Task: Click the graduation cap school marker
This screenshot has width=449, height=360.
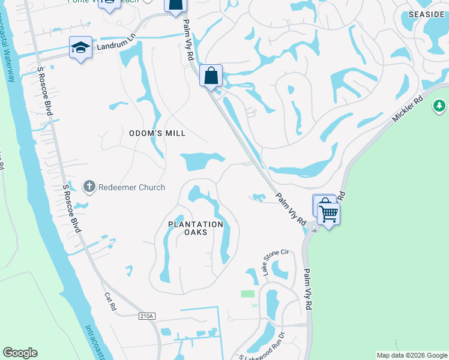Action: (x=80, y=48)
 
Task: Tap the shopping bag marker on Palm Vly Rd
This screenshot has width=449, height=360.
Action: (x=211, y=76)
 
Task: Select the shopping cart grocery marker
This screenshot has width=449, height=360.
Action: (x=328, y=213)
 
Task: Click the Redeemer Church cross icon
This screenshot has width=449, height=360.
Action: (x=89, y=187)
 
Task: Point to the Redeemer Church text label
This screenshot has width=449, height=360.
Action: (x=131, y=187)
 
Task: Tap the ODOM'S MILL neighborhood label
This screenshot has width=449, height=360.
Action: (x=158, y=133)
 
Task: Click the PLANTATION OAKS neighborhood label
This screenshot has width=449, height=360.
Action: (x=196, y=228)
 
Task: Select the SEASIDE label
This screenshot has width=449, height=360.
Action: (x=428, y=14)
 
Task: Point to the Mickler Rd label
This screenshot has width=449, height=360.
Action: (x=408, y=107)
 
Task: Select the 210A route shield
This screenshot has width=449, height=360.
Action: (x=146, y=317)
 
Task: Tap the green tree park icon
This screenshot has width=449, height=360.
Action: (x=439, y=106)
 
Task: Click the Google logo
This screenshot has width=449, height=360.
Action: (x=20, y=353)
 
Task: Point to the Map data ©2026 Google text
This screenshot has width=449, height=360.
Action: (x=411, y=355)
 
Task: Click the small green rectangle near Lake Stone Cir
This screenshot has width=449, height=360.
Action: (x=247, y=293)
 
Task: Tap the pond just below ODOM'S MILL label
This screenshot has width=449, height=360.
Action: (x=201, y=160)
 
